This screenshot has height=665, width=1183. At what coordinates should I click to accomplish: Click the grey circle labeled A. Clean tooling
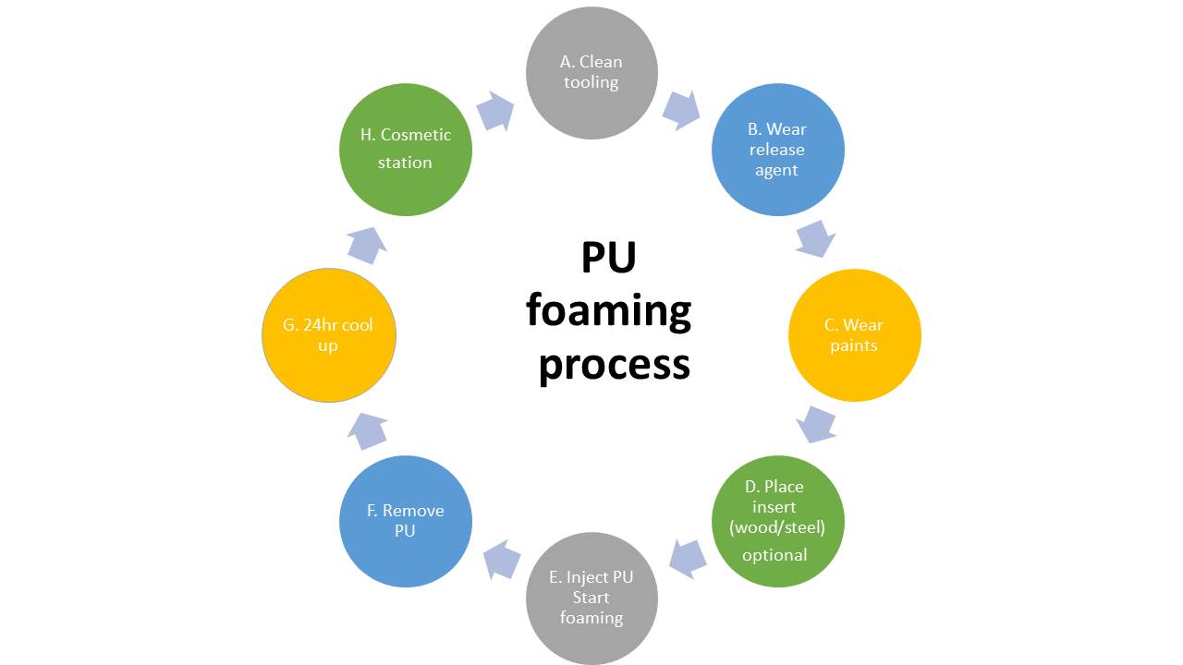click(x=591, y=73)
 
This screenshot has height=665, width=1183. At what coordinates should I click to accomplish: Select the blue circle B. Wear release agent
click(x=777, y=150)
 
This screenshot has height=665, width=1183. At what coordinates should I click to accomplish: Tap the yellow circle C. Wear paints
click(x=854, y=335)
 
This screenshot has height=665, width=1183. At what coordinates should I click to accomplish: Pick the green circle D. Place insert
click(x=777, y=521)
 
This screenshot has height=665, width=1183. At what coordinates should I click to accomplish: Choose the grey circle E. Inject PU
click(x=591, y=598)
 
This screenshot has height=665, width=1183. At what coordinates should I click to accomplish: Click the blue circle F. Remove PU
click(x=406, y=521)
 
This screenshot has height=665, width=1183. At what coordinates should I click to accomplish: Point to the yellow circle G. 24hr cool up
click(x=329, y=335)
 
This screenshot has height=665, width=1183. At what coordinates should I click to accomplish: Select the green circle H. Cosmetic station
click(x=406, y=150)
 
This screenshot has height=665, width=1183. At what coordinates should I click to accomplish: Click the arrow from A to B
click(x=682, y=109)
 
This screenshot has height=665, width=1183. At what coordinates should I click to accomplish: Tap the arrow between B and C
click(x=815, y=239)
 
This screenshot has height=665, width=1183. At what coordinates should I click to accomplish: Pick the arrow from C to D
click(x=817, y=425)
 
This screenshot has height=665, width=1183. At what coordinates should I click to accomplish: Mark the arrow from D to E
click(x=687, y=558)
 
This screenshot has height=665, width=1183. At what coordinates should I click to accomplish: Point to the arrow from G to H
click(x=366, y=244)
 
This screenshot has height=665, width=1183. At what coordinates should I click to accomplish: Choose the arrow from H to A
click(x=496, y=111)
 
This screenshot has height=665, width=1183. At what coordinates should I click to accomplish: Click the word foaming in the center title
click(x=609, y=312)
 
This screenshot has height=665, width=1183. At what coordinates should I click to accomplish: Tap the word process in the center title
click(x=614, y=365)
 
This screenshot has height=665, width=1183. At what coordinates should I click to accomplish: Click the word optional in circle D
click(x=774, y=555)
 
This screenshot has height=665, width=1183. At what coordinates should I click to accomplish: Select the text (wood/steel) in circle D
click(x=776, y=527)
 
